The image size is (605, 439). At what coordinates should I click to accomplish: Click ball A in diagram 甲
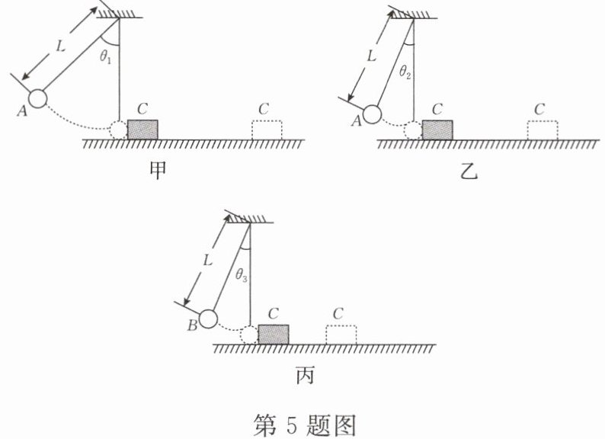(x=37, y=98)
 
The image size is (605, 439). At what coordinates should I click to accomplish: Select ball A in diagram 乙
(x=371, y=114)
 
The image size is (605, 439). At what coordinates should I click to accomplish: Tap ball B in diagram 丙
(x=208, y=319)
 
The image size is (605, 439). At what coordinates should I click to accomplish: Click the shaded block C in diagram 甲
(x=142, y=129)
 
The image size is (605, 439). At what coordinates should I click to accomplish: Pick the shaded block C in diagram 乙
(x=437, y=130)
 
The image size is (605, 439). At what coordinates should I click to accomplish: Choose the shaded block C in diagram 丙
(x=274, y=334)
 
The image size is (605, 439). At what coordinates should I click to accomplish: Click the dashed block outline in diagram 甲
(x=267, y=130)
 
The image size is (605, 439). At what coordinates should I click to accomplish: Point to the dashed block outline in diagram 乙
(x=542, y=130)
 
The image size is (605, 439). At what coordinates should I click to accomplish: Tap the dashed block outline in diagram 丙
(x=341, y=335)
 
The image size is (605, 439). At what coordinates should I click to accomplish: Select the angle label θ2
(x=405, y=74)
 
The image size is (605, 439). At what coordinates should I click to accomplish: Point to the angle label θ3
(x=240, y=275)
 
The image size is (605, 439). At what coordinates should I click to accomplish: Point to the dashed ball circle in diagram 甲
(x=118, y=130)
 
